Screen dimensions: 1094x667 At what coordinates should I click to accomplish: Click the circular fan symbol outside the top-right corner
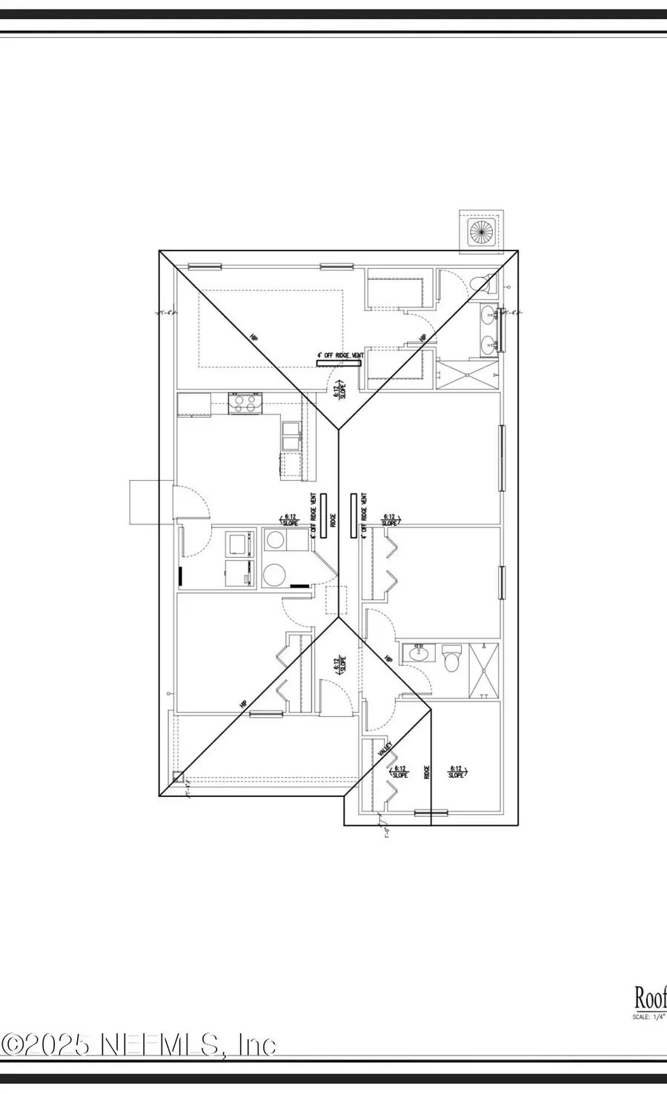click(481, 231)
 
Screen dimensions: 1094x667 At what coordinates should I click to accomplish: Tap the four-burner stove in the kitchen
click(245, 404)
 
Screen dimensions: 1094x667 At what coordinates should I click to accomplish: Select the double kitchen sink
click(291, 436)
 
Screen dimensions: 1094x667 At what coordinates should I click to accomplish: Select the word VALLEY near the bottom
click(384, 750)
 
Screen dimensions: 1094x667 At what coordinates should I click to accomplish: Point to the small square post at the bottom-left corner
click(178, 777)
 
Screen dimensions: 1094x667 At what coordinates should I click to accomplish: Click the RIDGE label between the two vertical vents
click(333, 521)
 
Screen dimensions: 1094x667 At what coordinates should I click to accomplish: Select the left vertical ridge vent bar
click(323, 515)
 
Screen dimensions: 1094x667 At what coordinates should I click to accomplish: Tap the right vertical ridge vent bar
click(354, 515)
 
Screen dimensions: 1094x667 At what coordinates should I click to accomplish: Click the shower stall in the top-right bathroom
click(468, 375)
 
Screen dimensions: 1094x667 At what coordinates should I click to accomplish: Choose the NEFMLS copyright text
click(139, 1044)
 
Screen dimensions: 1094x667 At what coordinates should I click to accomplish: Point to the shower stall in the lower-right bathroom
click(483, 670)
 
